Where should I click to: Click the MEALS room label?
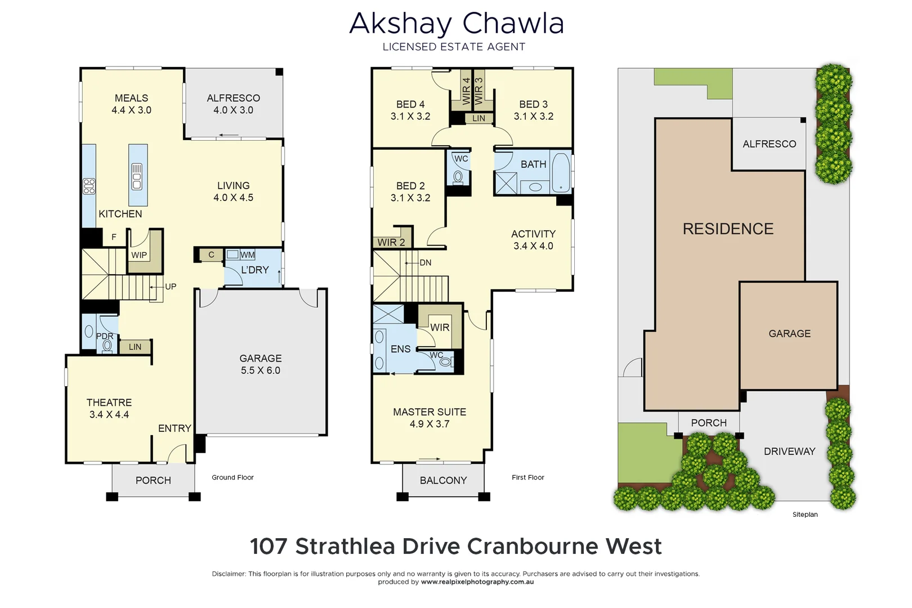pyautogui.click(x=131, y=98)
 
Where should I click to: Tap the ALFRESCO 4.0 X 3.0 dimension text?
pyautogui.click(x=233, y=110)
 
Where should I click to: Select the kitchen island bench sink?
pyautogui.click(x=137, y=176)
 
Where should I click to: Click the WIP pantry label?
pyautogui.click(x=139, y=255)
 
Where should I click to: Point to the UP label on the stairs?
pyautogui.click(x=171, y=287)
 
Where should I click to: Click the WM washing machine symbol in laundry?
pyautogui.click(x=233, y=254)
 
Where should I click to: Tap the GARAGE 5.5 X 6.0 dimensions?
pyautogui.click(x=260, y=370)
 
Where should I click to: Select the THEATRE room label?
pyautogui.click(x=109, y=403)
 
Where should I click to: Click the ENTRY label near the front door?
pyautogui.click(x=175, y=428)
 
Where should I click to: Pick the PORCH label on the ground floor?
pyautogui.click(x=153, y=480)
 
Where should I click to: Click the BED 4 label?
pyautogui.click(x=410, y=104)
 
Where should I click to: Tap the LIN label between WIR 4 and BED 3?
pyautogui.click(x=479, y=118)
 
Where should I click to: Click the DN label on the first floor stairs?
pyautogui.click(x=426, y=262)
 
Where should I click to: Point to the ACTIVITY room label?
pyautogui.click(x=533, y=234)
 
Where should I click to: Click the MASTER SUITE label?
pyautogui.click(x=430, y=412)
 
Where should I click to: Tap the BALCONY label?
pyautogui.click(x=443, y=480)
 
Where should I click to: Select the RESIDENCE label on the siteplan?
pyautogui.click(x=728, y=229)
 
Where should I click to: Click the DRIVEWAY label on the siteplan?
pyautogui.click(x=789, y=451)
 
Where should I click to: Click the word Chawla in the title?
pyautogui.click(x=513, y=24)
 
